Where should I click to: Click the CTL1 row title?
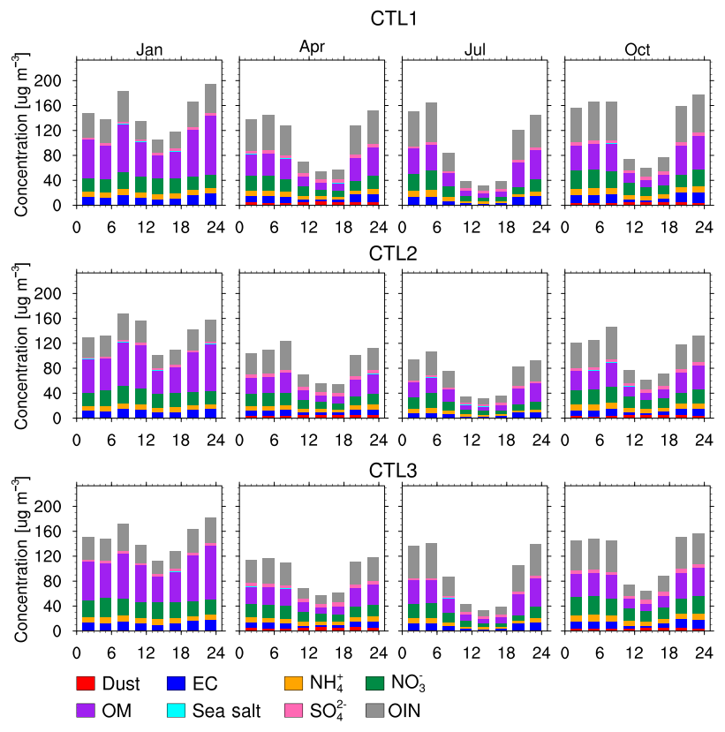(389, 18)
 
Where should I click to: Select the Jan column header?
(148, 50)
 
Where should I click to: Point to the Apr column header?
(311, 47)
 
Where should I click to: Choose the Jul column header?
(474, 50)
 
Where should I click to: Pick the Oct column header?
(637, 50)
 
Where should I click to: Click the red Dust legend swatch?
(85, 683)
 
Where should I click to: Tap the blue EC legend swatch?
(177, 683)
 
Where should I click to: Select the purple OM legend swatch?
(85, 709)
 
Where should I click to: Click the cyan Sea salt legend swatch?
(177, 709)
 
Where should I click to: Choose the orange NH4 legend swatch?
(295, 683)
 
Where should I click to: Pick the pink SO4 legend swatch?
(295, 709)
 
